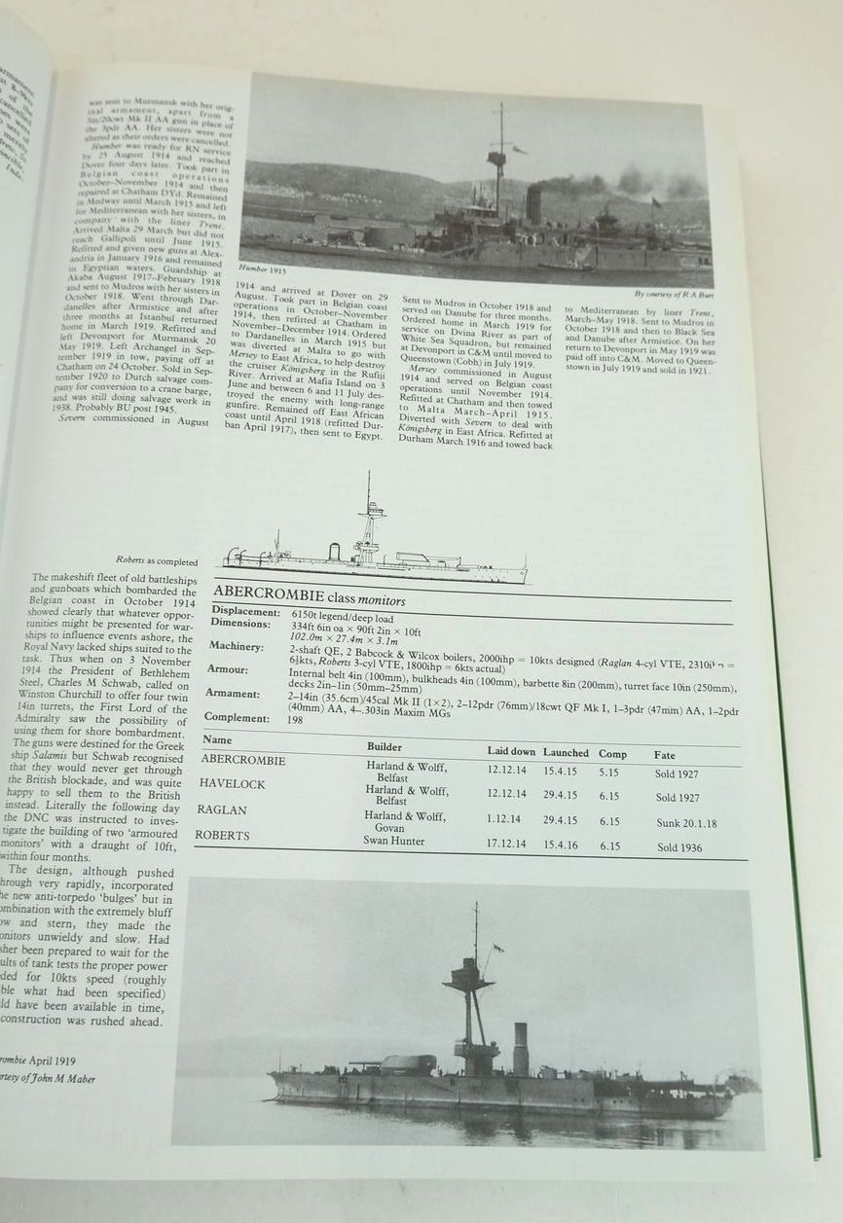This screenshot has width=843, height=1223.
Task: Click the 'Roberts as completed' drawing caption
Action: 156,561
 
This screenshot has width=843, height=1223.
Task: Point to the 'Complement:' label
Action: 238,718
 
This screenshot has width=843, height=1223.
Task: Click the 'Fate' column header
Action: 665,755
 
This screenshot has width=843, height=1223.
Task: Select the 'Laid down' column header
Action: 511,751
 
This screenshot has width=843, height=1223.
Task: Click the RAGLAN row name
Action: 222,809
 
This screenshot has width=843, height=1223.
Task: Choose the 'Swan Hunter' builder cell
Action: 394,841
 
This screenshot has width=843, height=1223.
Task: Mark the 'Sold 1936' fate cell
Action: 679,847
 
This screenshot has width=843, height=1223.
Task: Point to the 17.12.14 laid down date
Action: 506,844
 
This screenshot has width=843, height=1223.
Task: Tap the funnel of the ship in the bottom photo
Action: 521,1049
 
